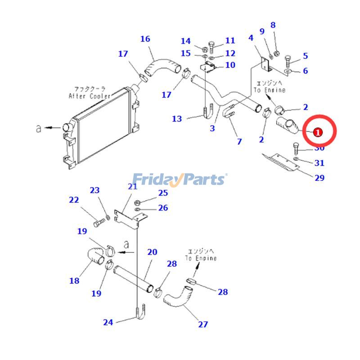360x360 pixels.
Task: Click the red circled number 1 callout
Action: (318, 132)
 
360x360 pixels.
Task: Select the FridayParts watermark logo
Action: (180, 180)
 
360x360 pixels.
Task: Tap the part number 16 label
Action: (145, 39)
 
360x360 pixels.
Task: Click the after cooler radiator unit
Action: (99, 126)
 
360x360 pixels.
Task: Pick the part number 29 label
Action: (319, 178)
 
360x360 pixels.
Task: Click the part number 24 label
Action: (108, 322)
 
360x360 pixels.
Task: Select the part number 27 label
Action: (203, 324)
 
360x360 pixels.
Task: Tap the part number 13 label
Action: (177, 119)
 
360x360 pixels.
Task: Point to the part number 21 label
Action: (132, 187)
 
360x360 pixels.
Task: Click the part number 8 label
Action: (273, 26)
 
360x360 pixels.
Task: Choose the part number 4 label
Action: (251, 38)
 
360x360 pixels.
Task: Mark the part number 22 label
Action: (74, 200)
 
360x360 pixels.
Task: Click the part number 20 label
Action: (152, 252)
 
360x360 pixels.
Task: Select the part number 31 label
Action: (319, 163)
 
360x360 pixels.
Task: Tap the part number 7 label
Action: (239, 141)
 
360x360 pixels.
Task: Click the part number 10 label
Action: (230, 65)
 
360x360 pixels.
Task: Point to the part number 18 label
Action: (74, 281)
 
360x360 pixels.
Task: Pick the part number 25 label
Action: (163, 193)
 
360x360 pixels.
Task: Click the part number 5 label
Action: (306, 56)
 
